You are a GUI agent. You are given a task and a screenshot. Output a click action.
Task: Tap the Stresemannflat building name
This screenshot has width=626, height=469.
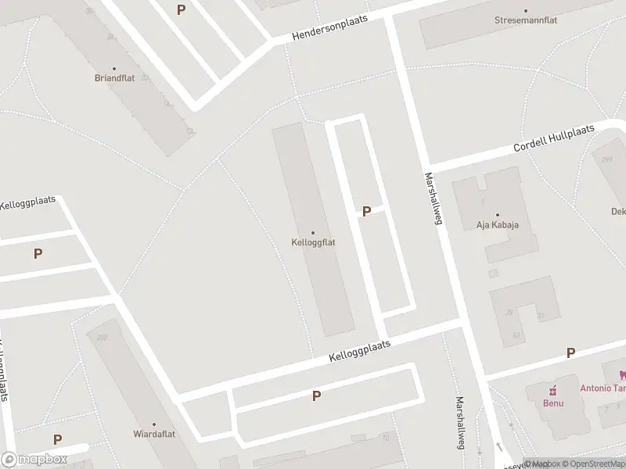pos(526,21)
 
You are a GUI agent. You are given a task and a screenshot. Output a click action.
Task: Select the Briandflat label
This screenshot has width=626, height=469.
pos(114,79)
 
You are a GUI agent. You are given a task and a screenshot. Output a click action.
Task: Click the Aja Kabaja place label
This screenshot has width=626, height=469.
pos(498,225)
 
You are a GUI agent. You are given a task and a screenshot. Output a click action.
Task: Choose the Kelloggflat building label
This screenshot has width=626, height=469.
pos(313,242)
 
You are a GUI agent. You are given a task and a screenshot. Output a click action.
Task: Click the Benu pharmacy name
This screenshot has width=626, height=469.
pos(553,403)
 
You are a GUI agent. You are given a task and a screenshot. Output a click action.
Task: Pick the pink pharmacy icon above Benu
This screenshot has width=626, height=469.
pos(553,390)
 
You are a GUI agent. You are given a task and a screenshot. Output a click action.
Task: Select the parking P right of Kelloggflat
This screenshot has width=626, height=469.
pos(366,211)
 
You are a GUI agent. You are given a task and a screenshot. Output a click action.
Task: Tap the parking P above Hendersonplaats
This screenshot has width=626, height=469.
pos(182,10)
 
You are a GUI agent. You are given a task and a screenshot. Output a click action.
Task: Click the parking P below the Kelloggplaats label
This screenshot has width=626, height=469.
pos(316,396)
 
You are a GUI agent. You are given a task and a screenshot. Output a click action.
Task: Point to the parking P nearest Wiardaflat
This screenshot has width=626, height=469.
pos(57,440)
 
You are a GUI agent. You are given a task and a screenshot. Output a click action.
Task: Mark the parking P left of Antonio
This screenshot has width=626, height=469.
pos(570,353)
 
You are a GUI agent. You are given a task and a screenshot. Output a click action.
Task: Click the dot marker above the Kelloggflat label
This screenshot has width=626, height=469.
pos(313,232)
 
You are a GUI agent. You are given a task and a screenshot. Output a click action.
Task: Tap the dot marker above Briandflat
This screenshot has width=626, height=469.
pos(114,69)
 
